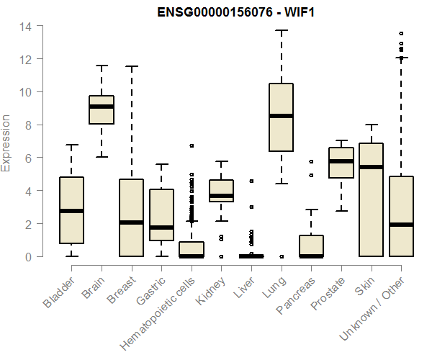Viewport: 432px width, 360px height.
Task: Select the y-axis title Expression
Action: [6, 143]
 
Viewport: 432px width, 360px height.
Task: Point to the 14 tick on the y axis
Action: [25, 26]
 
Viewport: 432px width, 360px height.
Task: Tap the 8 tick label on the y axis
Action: [27, 125]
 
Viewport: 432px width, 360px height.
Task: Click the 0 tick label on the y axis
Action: [27, 256]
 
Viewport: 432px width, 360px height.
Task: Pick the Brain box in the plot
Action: [102, 109]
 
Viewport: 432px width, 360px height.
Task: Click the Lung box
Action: [281, 117]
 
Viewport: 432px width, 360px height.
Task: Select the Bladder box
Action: [71, 210]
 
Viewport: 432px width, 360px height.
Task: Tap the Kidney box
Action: [221, 191]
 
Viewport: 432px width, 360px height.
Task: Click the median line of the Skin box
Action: [371, 167]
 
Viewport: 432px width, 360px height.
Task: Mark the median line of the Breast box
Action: [131, 222]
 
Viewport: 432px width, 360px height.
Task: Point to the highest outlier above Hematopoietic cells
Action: [192, 145]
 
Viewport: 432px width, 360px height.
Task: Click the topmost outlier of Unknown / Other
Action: [401, 33]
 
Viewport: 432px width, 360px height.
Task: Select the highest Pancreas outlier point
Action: [311, 161]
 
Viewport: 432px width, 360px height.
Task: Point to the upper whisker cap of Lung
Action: [281, 31]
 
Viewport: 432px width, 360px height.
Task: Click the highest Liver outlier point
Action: [251, 181]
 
